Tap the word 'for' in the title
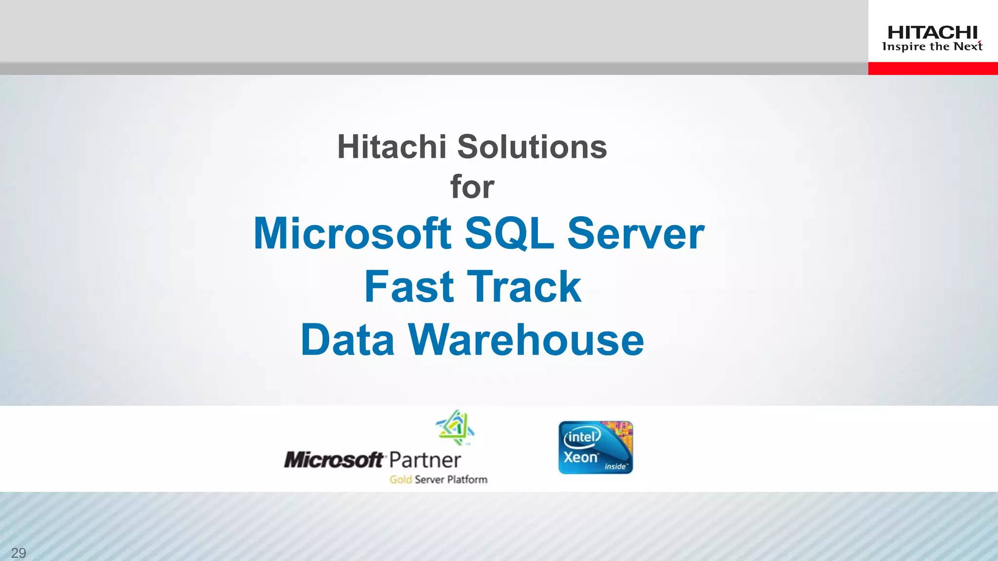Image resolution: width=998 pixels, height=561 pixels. [472, 187]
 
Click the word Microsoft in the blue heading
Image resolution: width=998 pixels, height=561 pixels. [352, 234]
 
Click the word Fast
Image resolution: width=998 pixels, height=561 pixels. [409, 287]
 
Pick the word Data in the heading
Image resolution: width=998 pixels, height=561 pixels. [347, 340]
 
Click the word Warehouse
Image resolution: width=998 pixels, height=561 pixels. [526, 340]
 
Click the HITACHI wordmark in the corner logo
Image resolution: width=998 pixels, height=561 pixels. [932, 33]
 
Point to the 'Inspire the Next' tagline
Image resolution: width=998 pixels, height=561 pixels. [932, 47]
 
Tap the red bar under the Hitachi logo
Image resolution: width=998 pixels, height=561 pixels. [933, 68]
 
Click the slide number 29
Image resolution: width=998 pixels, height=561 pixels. [19, 553]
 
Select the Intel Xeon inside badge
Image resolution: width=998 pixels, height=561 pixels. [595, 448]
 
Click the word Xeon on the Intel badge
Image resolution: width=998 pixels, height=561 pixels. [580, 458]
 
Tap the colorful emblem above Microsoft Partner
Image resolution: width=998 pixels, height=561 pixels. [455, 428]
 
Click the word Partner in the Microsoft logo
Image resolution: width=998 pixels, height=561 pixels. [425, 460]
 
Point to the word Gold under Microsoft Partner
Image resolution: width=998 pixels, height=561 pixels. [401, 480]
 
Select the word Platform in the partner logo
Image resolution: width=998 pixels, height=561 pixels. [467, 480]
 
